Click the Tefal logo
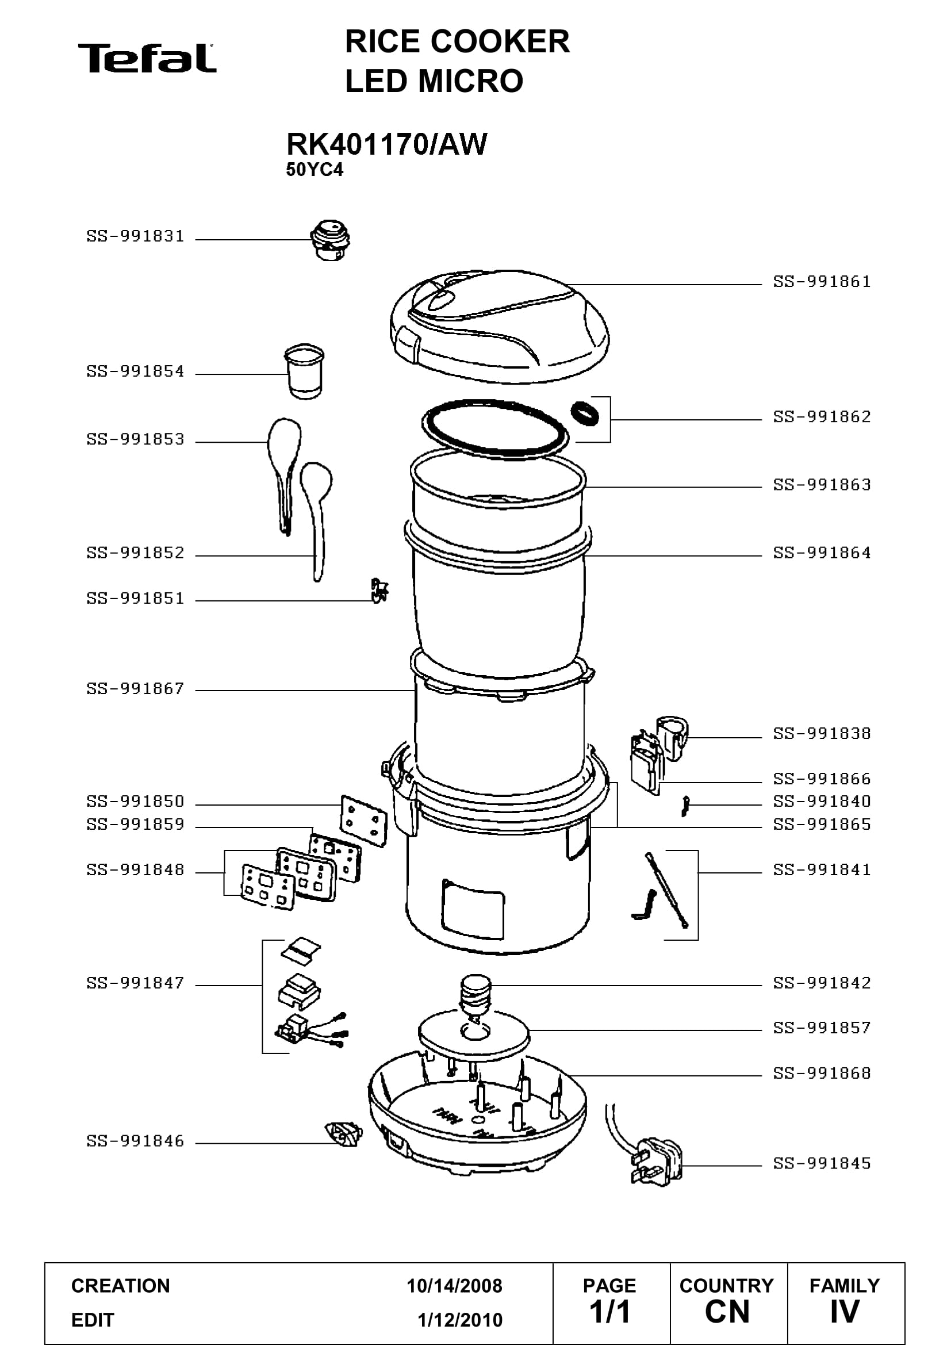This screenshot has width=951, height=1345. coord(147,58)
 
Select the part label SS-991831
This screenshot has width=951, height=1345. coord(135,236)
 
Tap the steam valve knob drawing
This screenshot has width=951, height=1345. coord(330,240)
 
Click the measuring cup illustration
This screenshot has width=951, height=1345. coord(305,371)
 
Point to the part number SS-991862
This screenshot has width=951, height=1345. coord(822,416)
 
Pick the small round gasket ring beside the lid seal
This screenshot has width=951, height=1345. coord(585,413)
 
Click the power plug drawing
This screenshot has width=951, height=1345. coord(656,1162)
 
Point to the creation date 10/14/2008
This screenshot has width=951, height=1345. coord(454,1286)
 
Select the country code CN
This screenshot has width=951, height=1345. coord(727,1312)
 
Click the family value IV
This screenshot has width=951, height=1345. coord(845,1312)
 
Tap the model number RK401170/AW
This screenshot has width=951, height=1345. coord(386,144)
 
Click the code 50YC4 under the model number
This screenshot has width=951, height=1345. coord(315,170)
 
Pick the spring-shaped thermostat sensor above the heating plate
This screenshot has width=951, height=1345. coord(475,995)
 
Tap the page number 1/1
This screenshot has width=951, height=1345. coord(609,1312)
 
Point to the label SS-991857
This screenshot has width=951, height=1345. coord(822,1028)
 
